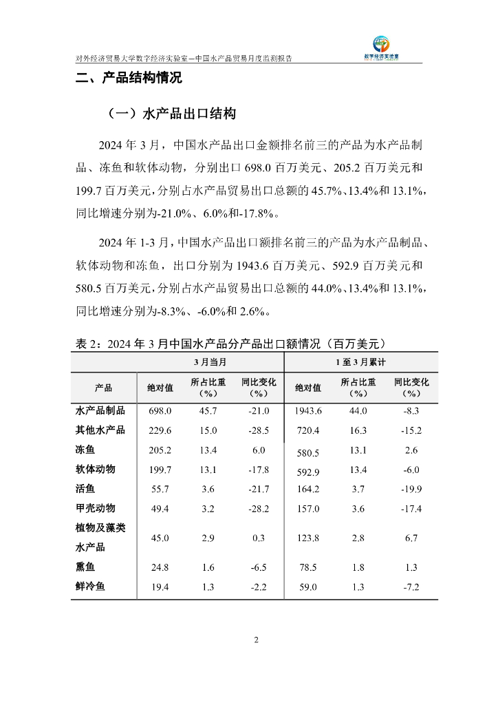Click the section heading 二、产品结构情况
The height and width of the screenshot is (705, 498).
pos(128,78)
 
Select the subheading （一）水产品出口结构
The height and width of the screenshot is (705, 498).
pos(172,114)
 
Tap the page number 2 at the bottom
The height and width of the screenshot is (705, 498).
pos(256,640)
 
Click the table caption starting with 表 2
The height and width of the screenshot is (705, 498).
pos(233,343)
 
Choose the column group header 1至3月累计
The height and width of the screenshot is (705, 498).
pos(360,361)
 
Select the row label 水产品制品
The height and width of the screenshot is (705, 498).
pos(100,410)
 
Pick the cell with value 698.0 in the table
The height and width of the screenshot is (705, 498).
pos(160,410)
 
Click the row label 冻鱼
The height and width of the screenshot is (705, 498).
pos(85,450)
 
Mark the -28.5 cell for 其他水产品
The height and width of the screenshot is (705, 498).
pos(258,430)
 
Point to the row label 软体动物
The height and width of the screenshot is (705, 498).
pos(95,470)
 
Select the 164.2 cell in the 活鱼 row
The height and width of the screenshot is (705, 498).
pos(307,490)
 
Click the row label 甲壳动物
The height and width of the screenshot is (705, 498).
pos(95,509)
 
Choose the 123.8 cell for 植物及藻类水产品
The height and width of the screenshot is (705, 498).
pos(307,538)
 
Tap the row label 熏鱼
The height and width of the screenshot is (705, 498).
pos(85,567)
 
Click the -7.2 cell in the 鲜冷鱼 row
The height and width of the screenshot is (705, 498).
pos(411,587)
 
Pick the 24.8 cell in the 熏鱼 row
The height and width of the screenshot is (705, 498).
pos(160,567)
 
